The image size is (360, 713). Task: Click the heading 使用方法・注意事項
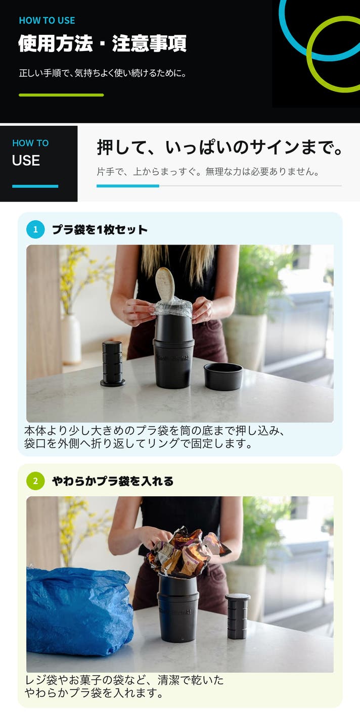pyautogui.click(x=102, y=43)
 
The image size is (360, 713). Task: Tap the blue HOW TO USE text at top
pyautogui.click(x=47, y=21)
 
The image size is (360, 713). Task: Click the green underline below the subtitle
pyautogui.click(x=61, y=95)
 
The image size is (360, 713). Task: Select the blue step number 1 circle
pyautogui.click(x=35, y=229)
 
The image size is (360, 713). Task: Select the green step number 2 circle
pyautogui.click(x=35, y=481)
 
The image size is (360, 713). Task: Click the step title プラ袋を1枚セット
pyautogui.click(x=100, y=229)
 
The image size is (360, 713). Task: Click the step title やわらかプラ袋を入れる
pyautogui.click(x=113, y=481)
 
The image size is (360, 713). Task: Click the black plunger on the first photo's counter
pyautogui.click(x=112, y=364)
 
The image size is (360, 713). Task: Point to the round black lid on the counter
pyautogui.click(x=223, y=376)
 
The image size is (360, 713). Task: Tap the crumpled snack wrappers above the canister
pyautogui.click(x=187, y=553)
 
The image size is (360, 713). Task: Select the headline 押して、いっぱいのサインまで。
pyautogui.click(x=220, y=148)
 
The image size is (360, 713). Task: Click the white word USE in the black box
pyautogui.click(x=26, y=160)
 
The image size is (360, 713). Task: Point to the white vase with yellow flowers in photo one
pyautogui.click(x=71, y=339)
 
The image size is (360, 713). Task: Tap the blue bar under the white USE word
pyautogui.click(x=35, y=186)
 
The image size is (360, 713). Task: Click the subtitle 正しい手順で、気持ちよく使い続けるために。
pyautogui.click(x=103, y=73)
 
